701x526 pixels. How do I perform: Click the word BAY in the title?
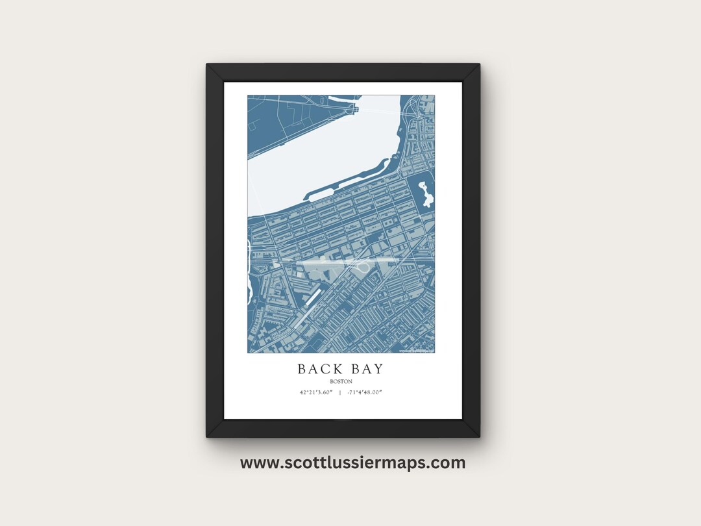coord(365,369)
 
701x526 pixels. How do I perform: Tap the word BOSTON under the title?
coord(341,382)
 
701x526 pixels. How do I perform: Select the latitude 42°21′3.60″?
coord(316,392)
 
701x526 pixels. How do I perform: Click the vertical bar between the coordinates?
coord(341,392)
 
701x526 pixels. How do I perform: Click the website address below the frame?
coord(352,463)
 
